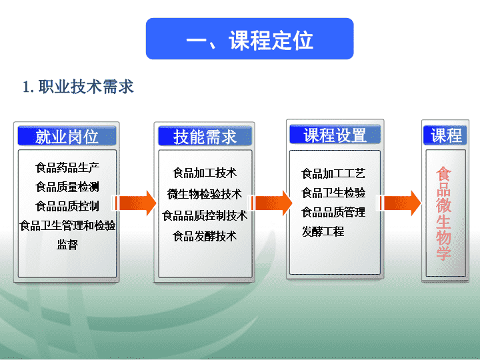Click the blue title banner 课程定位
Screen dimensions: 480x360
pos(249,39)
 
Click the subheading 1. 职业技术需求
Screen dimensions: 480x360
pos(78,87)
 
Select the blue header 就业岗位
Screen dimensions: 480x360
pos(67,136)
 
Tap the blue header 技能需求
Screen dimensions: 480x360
pos(205,136)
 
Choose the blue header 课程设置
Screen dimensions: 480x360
pos(335,135)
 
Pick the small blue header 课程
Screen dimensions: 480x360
pos(445,135)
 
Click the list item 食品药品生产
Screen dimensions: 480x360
pos(67,168)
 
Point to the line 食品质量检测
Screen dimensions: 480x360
pos(67,187)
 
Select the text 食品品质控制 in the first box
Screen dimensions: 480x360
pos(67,206)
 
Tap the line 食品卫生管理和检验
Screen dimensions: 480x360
pos(67,225)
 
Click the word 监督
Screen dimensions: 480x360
pos(67,245)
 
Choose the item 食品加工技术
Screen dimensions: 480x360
pos(205,173)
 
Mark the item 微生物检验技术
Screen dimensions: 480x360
pos(205,194)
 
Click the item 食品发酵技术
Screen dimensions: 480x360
pos(205,236)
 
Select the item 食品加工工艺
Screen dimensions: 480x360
pos(333,173)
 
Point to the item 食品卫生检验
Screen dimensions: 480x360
pos(333,193)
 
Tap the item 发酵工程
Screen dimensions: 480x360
pos(323,231)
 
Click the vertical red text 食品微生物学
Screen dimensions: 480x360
pos(444,213)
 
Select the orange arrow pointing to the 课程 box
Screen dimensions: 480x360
pos(399,203)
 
